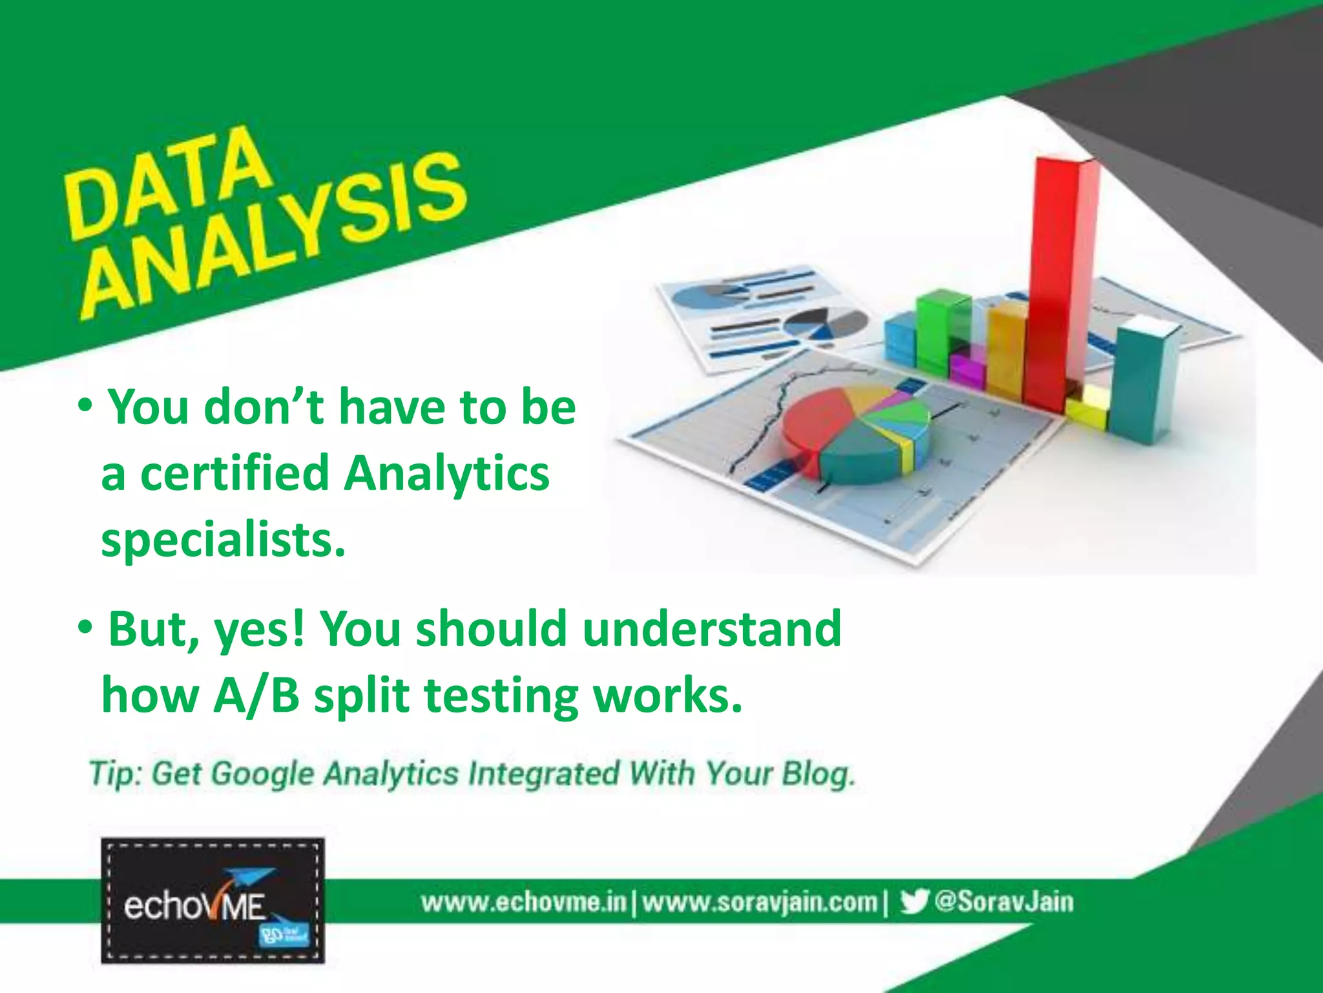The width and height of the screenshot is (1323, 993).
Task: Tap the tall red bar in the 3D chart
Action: [x=1059, y=272]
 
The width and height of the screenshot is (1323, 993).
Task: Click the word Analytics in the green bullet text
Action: [x=446, y=473]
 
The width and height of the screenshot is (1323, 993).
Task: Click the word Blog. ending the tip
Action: [x=818, y=774]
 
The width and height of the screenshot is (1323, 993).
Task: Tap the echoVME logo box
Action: [x=213, y=901]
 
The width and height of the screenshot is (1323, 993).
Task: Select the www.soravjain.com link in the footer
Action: [x=760, y=902]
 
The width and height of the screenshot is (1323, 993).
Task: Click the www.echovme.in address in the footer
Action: [x=523, y=902]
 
